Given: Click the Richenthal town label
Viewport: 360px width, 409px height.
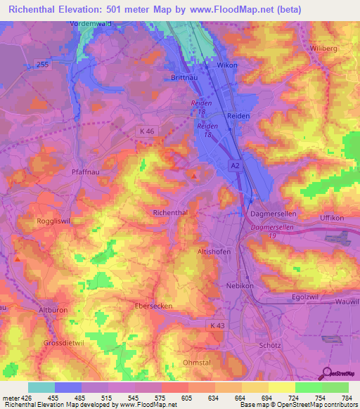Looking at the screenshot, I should [x=170, y=212].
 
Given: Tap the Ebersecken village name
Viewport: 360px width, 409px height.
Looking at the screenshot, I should [x=154, y=306].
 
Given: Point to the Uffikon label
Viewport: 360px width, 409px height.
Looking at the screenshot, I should [x=334, y=218].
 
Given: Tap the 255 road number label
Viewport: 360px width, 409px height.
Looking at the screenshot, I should [x=44, y=63].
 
